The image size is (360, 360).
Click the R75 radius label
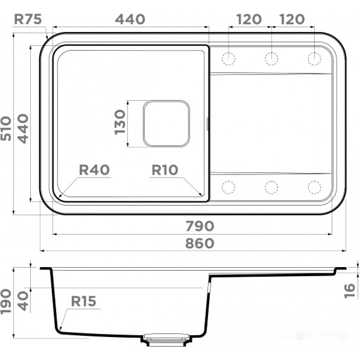pyautogui.click(x=28, y=19)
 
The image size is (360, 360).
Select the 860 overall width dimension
pyautogui.click(x=200, y=243)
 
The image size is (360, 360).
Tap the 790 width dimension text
pyautogui.click(x=200, y=226)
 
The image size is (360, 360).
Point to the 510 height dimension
pyautogui.click(x=6, y=129)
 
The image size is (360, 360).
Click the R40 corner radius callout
pyautogui.click(x=94, y=170)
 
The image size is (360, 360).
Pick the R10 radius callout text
pyautogui.click(x=165, y=170)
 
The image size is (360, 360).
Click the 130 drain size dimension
pyautogui.click(x=120, y=122)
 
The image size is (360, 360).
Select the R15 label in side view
pyautogui.click(x=84, y=301)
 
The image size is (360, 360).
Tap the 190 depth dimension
pyautogui.click(x=6, y=302)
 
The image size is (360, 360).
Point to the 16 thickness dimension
pyautogui.click(x=350, y=291)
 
